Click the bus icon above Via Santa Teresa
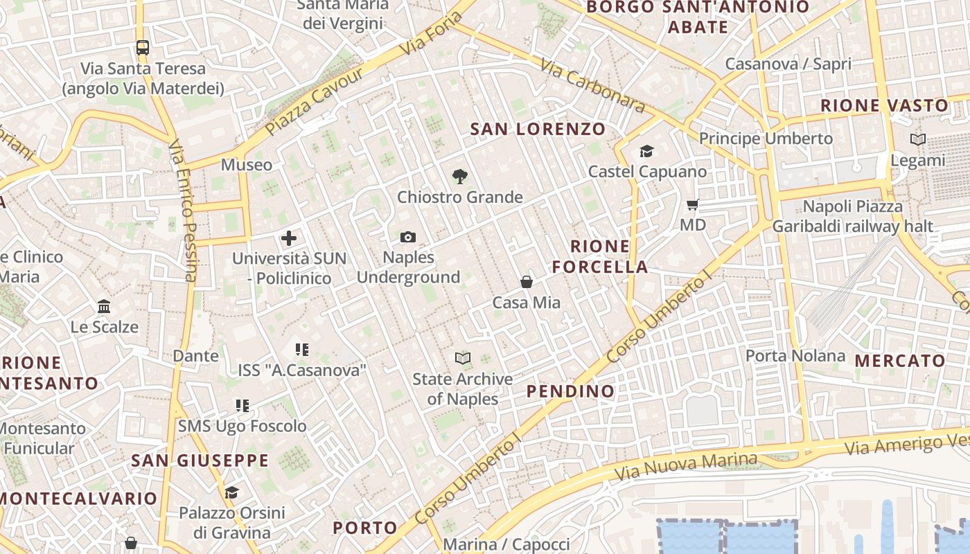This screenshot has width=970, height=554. pyautogui.click(x=143, y=48)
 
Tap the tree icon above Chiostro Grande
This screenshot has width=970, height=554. pyautogui.click(x=459, y=177)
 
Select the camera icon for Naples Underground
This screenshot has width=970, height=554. pyautogui.click(x=408, y=238)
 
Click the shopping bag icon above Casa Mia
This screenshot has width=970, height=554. pyautogui.click(x=527, y=282)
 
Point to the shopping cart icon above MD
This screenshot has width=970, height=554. pyautogui.click(x=692, y=204)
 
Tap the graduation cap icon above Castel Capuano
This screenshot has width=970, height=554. pyautogui.click(x=646, y=151)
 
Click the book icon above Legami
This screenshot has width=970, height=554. pyautogui.click(x=918, y=139)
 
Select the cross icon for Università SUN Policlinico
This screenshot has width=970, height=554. pyautogui.click(x=289, y=238)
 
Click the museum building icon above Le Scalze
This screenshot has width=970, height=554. pyautogui.click(x=104, y=306)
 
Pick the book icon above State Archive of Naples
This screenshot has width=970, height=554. pyautogui.click(x=463, y=358)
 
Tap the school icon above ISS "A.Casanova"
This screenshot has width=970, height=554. pyautogui.click(x=301, y=350)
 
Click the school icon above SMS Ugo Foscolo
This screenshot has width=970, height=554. pyautogui.click(x=242, y=405)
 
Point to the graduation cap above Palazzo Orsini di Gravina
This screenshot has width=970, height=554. pyautogui.click(x=231, y=492)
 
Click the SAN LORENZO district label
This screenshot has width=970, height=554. pyautogui.click(x=538, y=129)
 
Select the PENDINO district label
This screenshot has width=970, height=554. pyautogui.click(x=570, y=391)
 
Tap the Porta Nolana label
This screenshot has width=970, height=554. pyautogui.click(x=795, y=356)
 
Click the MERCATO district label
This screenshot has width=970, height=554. pyautogui.click(x=900, y=360)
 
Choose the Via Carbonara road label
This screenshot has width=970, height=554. pyautogui.click(x=592, y=85)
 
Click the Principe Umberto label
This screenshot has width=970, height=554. pyautogui.click(x=766, y=138)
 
